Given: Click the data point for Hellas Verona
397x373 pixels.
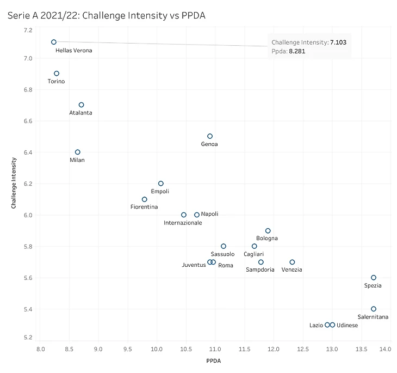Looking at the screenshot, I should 54,42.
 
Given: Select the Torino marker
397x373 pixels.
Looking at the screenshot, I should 57,74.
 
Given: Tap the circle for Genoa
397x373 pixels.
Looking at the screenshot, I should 210,136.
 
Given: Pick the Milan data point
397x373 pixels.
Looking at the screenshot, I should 78,152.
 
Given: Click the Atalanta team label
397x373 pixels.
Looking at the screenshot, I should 80,113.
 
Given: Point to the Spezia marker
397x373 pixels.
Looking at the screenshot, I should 374,278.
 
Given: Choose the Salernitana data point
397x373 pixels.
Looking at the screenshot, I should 374,309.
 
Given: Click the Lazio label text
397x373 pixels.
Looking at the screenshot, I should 316,325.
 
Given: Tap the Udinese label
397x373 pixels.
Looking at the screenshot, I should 348,325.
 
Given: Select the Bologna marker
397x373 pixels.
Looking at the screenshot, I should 268,231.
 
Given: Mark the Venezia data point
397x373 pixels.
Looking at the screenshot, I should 292,262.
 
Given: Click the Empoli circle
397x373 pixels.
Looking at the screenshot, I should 160,184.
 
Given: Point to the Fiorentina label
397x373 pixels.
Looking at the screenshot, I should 144,207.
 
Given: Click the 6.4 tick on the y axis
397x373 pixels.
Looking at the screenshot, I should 26,152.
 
